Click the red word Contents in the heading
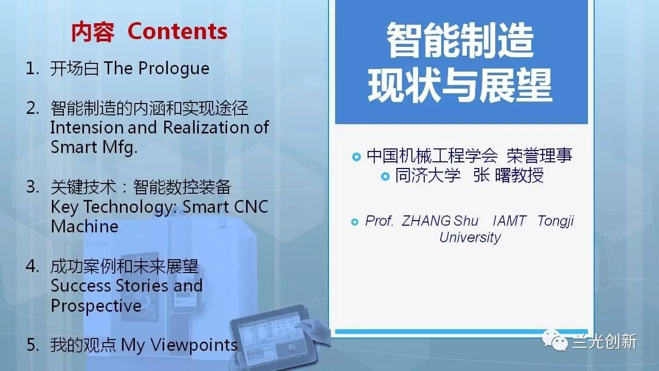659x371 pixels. pos(178,31)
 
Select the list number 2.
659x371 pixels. pos(32,108)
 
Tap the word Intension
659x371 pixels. pos(87,127)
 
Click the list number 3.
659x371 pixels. pos(32,187)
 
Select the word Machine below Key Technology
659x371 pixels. pos(84,226)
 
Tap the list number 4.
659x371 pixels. pos(32,266)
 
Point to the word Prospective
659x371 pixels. pos(96,306)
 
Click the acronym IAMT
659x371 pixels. pos(510,221)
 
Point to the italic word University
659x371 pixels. pos(470,238)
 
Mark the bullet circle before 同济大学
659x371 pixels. pos(385,176)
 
